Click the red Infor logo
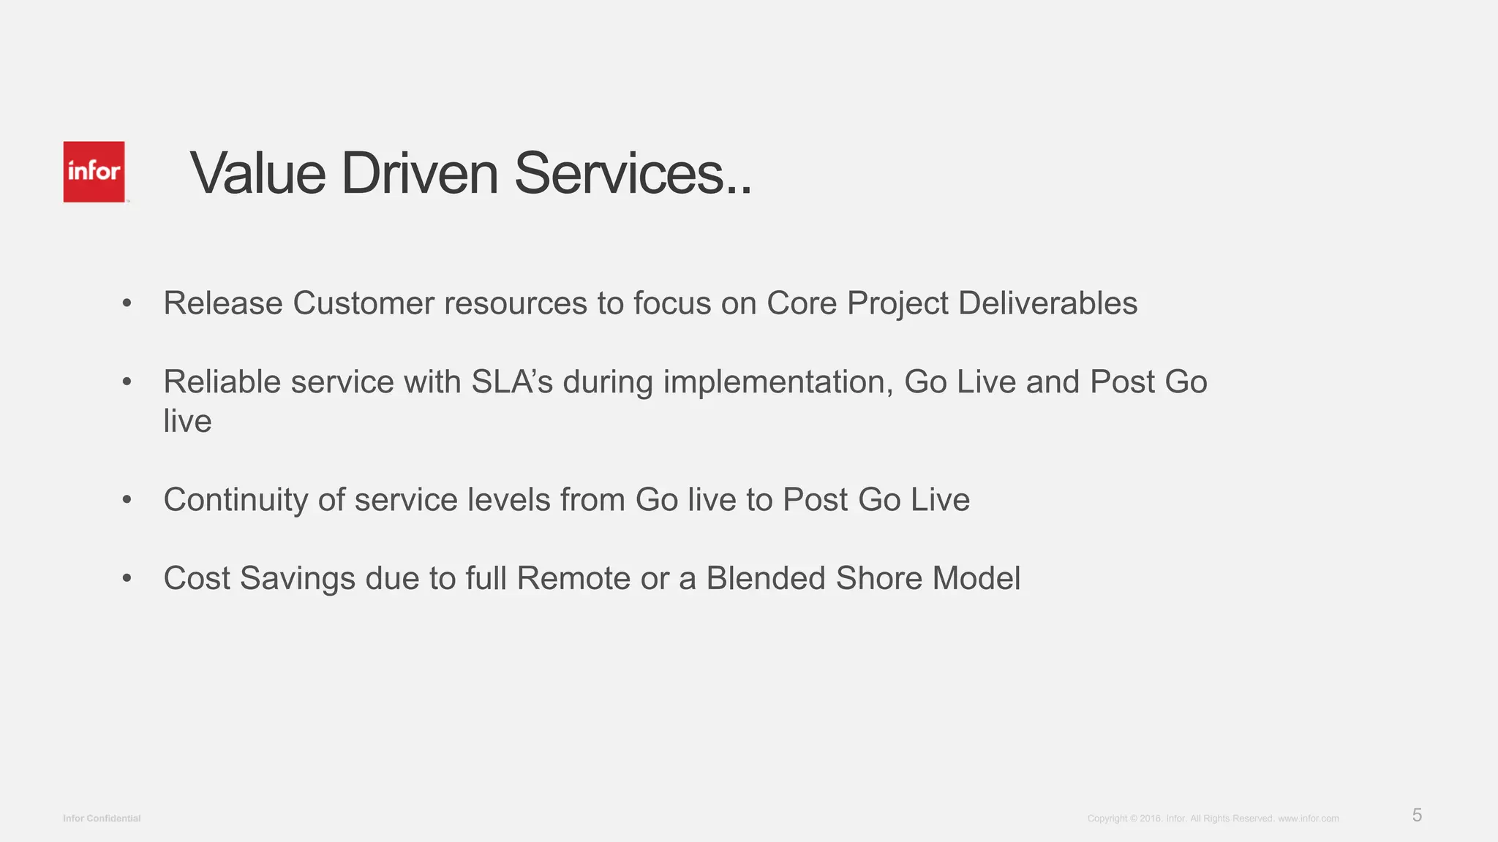coord(94,172)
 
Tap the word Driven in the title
coord(419,174)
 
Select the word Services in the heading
coord(618,174)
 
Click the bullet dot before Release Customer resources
coord(127,303)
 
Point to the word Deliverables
coord(1047,303)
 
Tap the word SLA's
coord(512,382)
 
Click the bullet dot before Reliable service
coord(127,382)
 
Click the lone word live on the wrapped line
coord(187,422)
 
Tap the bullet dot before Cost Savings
coord(127,578)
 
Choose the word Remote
coord(573,578)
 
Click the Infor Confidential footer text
coord(102,819)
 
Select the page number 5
coord(1417,816)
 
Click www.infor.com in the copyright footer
coord(1308,819)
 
